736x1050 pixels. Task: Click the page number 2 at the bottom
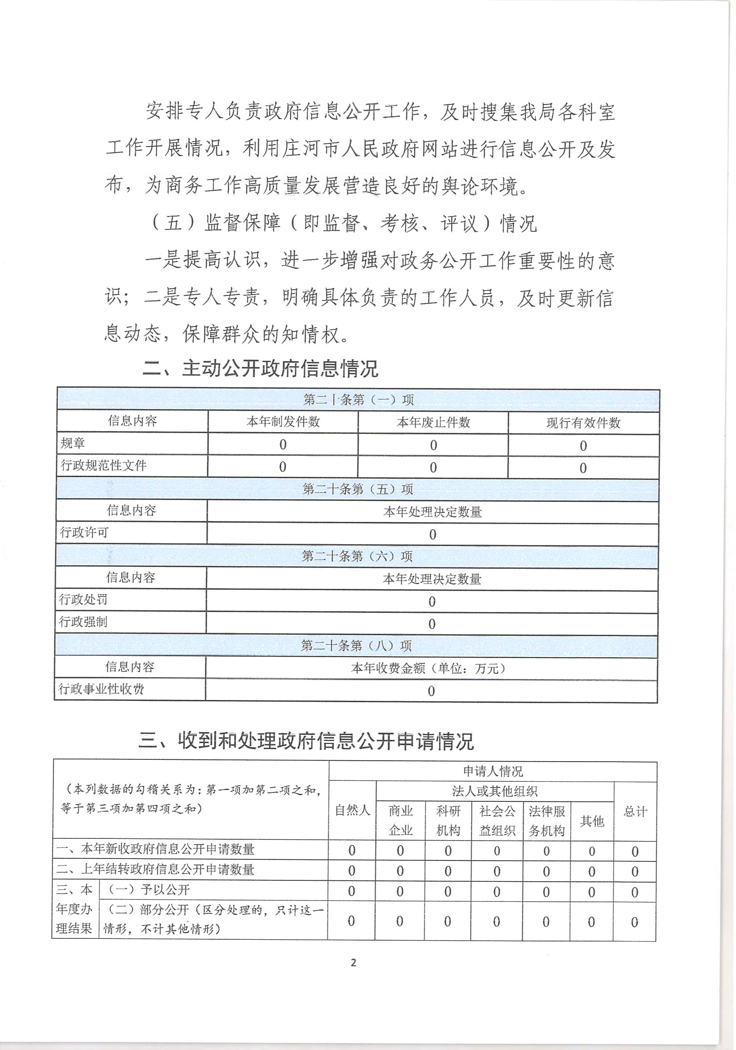[x=353, y=962]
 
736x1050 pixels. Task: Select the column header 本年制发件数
[x=283, y=421]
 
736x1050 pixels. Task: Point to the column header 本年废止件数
[x=433, y=422]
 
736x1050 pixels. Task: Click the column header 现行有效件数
[x=583, y=423]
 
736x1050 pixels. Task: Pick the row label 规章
[x=73, y=443]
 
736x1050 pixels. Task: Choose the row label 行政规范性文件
[x=103, y=466]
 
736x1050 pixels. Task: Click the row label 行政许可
[x=84, y=532]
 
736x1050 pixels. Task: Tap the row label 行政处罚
[x=83, y=600]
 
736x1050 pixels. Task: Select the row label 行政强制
[x=83, y=622]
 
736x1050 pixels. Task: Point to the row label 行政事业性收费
[x=101, y=689]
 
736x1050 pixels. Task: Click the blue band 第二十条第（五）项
[x=357, y=489]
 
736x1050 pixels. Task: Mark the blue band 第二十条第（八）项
[x=356, y=646]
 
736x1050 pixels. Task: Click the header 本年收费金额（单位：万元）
[x=431, y=669]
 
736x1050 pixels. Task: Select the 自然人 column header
[x=352, y=811]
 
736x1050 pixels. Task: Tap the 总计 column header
[x=635, y=812]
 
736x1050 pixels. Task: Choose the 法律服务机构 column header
[x=546, y=821]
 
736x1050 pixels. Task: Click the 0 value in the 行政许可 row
[x=432, y=534]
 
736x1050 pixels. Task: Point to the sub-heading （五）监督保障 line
[x=343, y=223]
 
